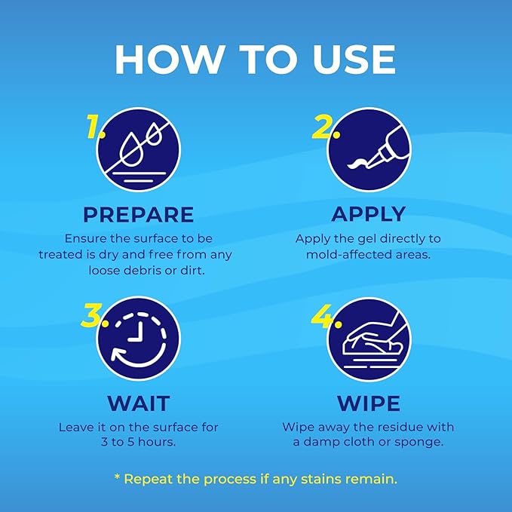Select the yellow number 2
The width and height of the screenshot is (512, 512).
pyautogui.click(x=323, y=127)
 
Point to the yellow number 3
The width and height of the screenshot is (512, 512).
pyautogui.click(x=92, y=315)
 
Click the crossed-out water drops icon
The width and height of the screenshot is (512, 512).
pyautogui.click(x=139, y=149)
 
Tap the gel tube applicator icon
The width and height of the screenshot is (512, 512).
pyautogui.click(x=369, y=149)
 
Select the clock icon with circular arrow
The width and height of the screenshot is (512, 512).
pyautogui.click(x=139, y=339)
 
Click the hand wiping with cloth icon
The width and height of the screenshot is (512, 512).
pyautogui.click(x=369, y=339)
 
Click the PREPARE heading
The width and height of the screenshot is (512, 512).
pyautogui.click(x=139, y=215)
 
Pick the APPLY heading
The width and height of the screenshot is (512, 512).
pyautogui.click(x=369, y=215)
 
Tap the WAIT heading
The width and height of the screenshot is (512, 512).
pyautogui.click(x=139, y=403)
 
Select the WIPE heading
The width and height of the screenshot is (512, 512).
pyautogui.click(x=369, y=403)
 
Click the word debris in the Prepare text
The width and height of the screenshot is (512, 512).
pyautogui.click(x=144, y=271)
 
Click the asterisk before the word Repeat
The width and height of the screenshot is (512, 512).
pyautogui.click(x=117, y=477)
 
